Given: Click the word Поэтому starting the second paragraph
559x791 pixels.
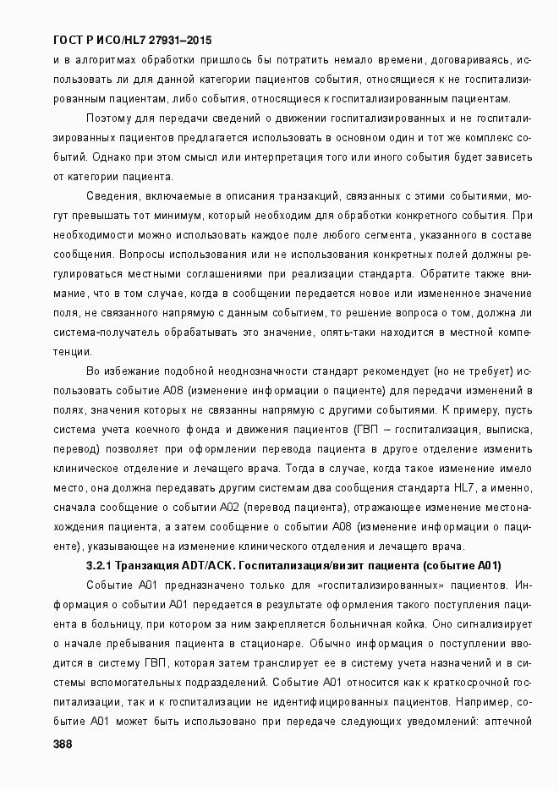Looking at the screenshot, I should point(109,118).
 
